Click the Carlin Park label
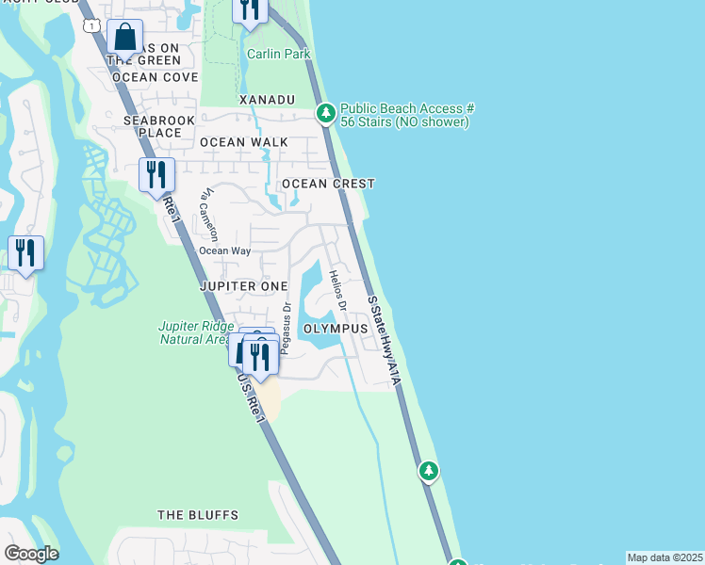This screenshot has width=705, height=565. (278, 54)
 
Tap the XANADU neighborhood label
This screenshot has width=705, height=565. (268, 100)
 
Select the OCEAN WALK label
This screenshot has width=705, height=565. (243, 142)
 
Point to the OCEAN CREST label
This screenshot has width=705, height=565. (329, 184)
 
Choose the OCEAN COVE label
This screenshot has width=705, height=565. (155, 77)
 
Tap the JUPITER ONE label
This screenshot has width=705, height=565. (243, 284)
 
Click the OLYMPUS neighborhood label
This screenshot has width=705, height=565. (335, 329)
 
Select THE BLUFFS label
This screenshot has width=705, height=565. (198, 515)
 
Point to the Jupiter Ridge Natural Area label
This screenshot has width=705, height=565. (195, 332)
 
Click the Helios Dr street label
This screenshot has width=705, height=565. (337, 291)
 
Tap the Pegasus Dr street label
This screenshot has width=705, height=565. (286, 324)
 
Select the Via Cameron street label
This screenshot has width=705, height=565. (208, 213)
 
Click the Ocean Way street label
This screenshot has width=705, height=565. (224, 250)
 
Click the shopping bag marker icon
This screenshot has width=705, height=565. (124, 38)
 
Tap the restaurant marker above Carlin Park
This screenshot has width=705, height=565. (250, 9)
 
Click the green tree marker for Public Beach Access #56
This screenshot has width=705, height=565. (326, 114)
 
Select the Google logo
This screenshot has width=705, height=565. (31, 554)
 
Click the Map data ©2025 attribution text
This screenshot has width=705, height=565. (664, 557)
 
